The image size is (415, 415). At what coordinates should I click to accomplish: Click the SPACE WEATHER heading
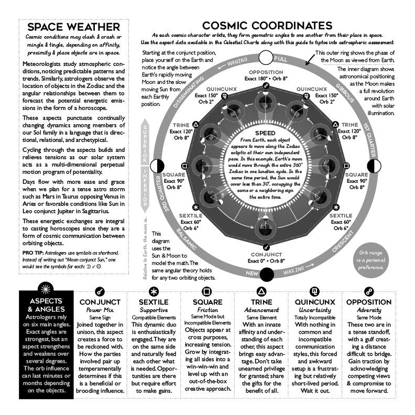point(73,27)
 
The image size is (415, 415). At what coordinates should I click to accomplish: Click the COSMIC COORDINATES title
point(267,25)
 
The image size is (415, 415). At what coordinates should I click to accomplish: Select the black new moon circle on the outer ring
point(266,275)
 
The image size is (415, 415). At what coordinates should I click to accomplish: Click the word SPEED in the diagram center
point(266,133)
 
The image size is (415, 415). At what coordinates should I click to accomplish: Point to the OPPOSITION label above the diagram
point(266,72)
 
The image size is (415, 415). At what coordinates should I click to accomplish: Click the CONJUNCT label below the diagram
point(266,255)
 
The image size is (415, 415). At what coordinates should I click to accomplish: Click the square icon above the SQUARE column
point(207,291)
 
